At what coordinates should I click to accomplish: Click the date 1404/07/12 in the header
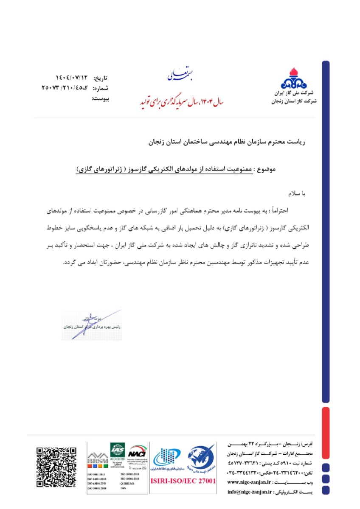72,78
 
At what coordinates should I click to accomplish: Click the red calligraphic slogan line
183,102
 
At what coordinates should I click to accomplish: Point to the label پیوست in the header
101,99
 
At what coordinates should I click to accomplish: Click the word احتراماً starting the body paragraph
296,210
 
